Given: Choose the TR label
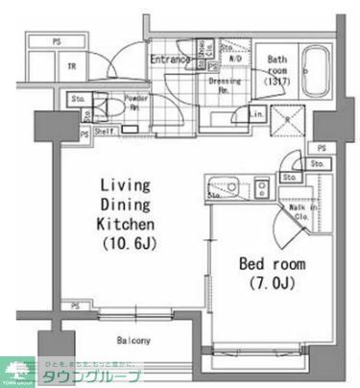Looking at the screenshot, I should pyautogui.click(x=72, y=65).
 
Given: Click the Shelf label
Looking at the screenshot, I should pyautogui.click(x=105, y=132).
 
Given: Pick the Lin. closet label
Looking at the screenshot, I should pyautogui.click(x=257, y=115).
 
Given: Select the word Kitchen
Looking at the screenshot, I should pyautogui.click(x=123, y=223).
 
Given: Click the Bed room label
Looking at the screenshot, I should pyautogui.click(x=272, y=263).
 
